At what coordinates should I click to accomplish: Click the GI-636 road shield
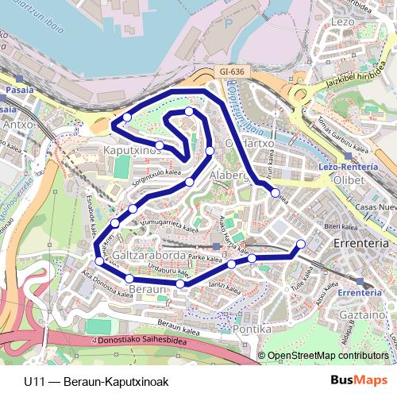click(232, 71)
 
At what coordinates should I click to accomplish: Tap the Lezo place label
click(344, 21)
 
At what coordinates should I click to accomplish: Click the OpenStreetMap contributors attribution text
click(327, 357)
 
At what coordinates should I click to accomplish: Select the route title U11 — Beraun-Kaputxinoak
click(96, 381)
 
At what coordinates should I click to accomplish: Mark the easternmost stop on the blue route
click(301, 244)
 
